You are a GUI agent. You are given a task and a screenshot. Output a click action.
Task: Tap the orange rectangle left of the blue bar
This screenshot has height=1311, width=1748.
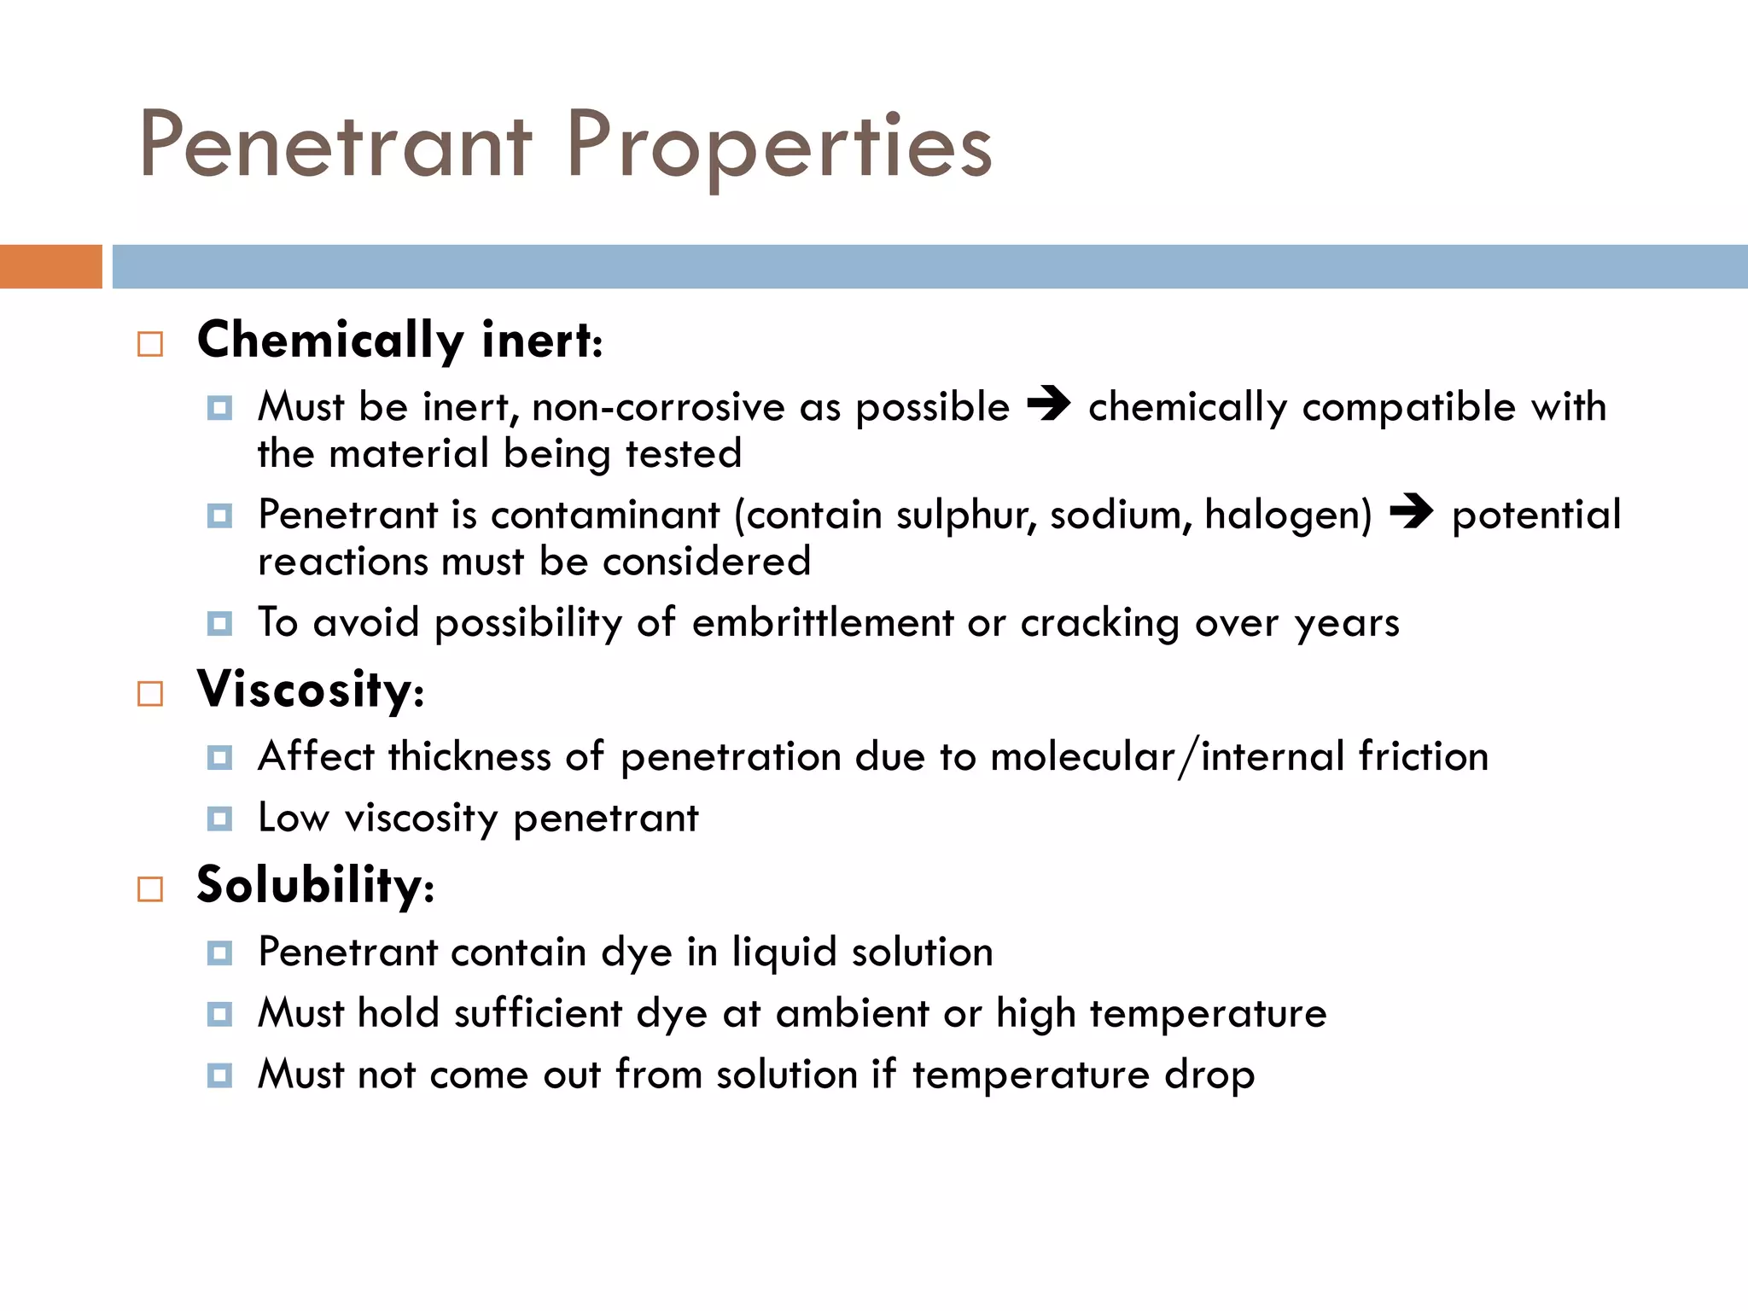tap(50, 266)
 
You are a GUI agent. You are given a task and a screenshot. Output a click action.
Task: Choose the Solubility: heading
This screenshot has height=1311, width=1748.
tap(315, 884)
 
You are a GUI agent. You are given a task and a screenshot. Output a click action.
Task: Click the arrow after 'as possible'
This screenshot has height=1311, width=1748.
tap(1048, 404)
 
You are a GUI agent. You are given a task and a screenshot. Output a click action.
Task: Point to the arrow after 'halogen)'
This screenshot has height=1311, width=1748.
tap(1411, 512)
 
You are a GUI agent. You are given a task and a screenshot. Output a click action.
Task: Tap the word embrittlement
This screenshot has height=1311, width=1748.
tap(823, 622)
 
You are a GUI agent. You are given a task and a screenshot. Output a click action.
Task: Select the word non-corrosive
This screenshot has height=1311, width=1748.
tap(658, 406)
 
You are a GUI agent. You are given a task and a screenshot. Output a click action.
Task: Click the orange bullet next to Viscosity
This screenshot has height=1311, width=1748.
tap(150, 693)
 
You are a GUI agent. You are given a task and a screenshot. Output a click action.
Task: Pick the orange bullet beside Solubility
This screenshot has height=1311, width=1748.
tap(150, 889)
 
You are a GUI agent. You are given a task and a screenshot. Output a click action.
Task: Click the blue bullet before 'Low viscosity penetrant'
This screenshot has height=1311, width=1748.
tap(219, 819)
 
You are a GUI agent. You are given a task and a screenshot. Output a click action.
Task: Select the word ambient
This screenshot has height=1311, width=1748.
tap(852, 1013)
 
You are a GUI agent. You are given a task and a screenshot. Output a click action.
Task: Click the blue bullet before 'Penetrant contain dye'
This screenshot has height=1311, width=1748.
tap(219, 953)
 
